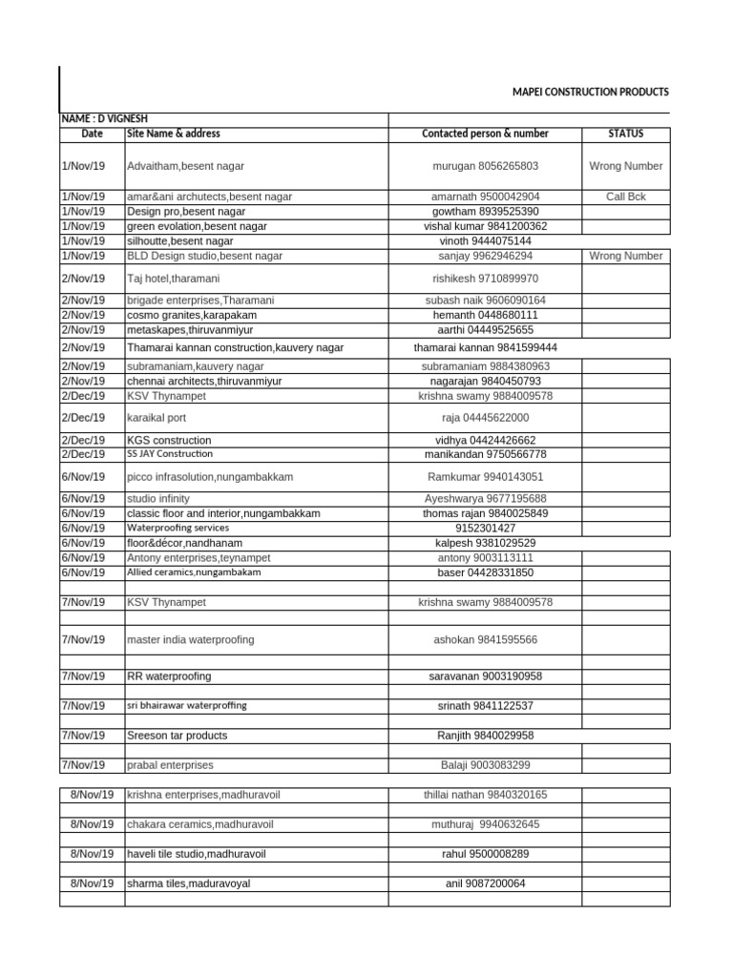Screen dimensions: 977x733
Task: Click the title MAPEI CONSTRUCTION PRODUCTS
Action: pos(590,92)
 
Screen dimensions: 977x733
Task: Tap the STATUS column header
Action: pos(625,134)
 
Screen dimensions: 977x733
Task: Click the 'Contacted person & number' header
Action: pos(485,134)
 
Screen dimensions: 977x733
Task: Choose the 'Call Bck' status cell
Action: pos(625,196)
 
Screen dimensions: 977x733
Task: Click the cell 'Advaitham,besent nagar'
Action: pos(185,166)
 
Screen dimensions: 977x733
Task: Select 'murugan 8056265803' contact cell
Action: pos(485,166)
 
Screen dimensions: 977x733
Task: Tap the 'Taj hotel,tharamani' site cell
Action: pos(177,278)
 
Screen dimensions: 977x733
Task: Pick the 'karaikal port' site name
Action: pos(159,417)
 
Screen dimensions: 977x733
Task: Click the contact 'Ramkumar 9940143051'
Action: pos(486,476)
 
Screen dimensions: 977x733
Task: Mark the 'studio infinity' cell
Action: pos(158,498)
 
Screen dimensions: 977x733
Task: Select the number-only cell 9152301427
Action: pos(486,528)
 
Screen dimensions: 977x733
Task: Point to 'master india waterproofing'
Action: pos(191,639)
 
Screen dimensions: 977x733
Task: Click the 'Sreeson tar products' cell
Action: pos(178,736)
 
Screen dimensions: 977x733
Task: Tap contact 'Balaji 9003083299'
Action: pos(486,765)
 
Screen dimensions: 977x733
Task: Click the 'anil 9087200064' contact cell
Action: pos(486,883)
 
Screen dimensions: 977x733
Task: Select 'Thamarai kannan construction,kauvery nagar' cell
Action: pos(235,347)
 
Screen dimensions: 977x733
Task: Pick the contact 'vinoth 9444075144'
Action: pos(486,241)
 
